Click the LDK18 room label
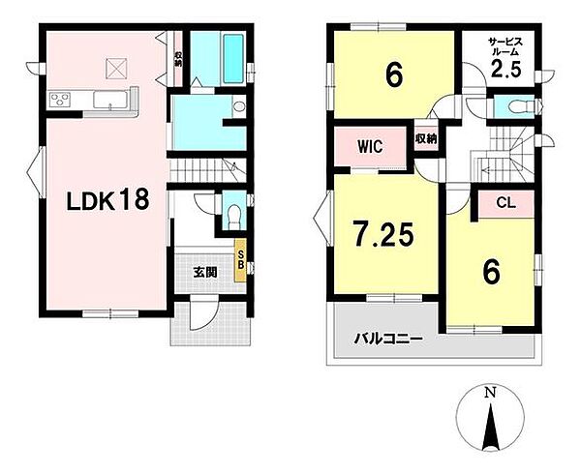tap(107, 200)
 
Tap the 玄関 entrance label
tap(205, 273)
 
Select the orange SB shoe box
tap(240, 261)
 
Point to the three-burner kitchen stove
tap(60, 100)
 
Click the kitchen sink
tap(110, 100)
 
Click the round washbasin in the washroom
tap(240, 106)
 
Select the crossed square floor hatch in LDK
tap(115, 68)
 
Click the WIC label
tap(370, 147)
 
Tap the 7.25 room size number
tap(382, 233)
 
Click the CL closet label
tap(506, 203)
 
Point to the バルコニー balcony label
tap(387, 339)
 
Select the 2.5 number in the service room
tap(506, 69)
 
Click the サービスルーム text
tap(505, 45)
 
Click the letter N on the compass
tap(491, 393)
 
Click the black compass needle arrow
tap(491, 428)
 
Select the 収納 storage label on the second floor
tap(426, 139)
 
